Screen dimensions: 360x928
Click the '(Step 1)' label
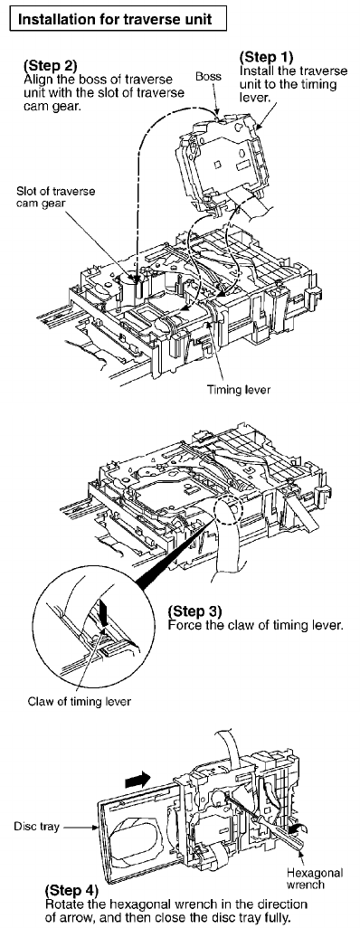pos(266,57)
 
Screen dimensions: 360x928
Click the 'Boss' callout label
pos(208,76)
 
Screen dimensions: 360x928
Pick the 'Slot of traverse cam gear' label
pos(56,196)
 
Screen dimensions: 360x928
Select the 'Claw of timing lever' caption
pos(80,701)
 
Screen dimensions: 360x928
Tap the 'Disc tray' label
pos(36,826)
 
